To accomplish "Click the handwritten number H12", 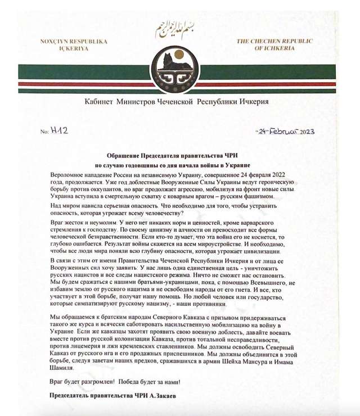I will click(x=60, y=130).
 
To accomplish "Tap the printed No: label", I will click(x=45, y=132).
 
